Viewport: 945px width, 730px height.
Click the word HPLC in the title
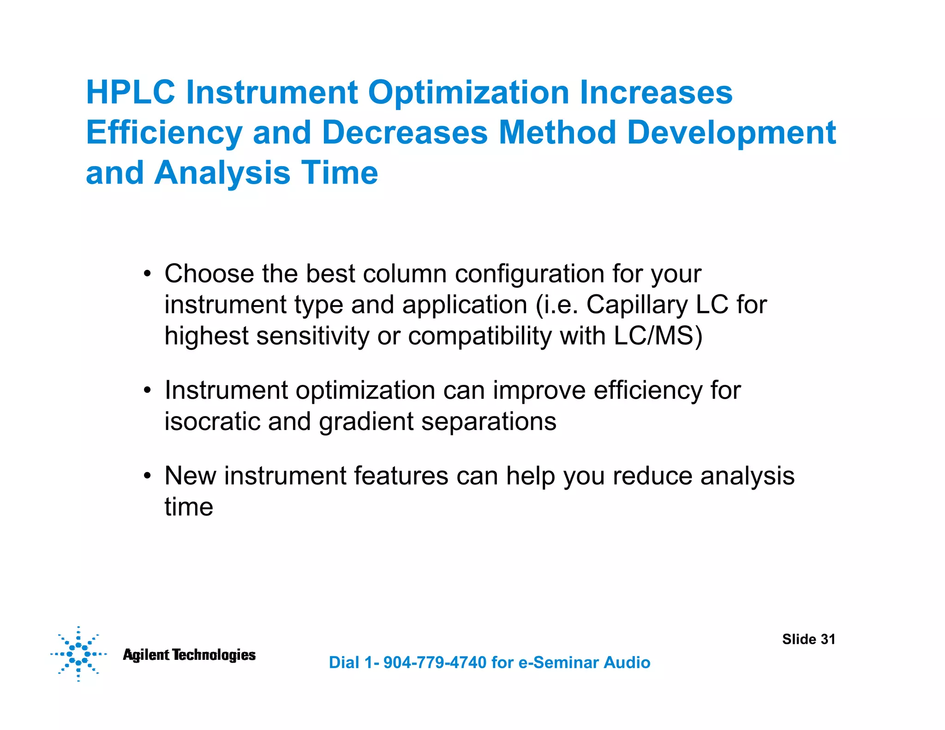(x=130, y=92)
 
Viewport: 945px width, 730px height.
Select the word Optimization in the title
(x=468, y=92)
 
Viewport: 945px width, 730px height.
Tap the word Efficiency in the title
(x=164, y=133)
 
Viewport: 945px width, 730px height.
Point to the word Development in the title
(x=731, y=133)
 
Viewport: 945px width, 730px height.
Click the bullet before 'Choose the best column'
(x=147, y=274)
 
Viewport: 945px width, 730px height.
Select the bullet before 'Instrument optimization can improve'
(x=147, y=391)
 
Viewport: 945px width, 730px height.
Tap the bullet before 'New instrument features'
(x=147, y=476)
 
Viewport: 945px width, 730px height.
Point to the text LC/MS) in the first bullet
(x=658, y=336)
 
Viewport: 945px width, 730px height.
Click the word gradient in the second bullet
(x=366, y=422)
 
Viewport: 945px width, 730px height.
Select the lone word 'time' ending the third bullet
(x=189, y=507)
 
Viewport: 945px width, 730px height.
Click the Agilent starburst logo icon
(x=78, y=654)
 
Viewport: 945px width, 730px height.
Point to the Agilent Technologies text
(x=189, y=655)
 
